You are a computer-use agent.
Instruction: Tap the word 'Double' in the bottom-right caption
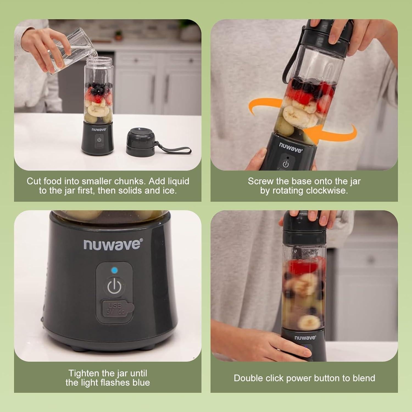(x=245, y=378)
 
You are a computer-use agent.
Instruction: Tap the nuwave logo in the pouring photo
(x=99, y=129)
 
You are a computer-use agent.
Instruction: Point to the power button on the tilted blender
(x=286, y=164)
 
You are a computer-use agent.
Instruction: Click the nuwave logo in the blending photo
(x=305, y=338)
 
